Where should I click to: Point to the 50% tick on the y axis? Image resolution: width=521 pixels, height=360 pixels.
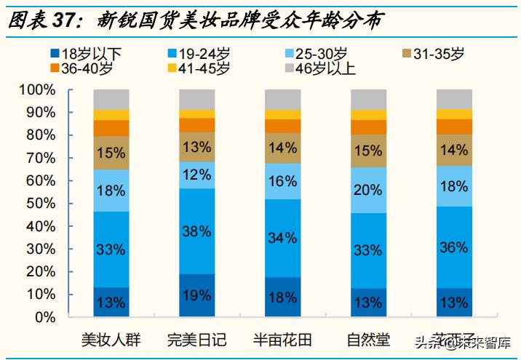coord(41,204)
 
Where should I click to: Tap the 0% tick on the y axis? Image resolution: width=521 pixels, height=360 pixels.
coord(45,318)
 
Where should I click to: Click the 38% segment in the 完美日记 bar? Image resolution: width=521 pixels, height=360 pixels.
coord(197,231)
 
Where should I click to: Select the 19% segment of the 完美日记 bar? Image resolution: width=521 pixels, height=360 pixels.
coord(197,295)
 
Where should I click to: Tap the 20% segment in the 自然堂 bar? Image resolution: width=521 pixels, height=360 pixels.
coord(368,190)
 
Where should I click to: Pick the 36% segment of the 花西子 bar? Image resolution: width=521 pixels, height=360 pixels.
coord(454,247)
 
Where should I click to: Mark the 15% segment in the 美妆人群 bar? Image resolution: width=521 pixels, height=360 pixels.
coord(111,153)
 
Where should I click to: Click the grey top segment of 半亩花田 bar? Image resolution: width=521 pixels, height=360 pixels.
coord(283,100)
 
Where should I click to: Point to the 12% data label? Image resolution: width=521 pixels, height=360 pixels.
coord(197,175)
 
